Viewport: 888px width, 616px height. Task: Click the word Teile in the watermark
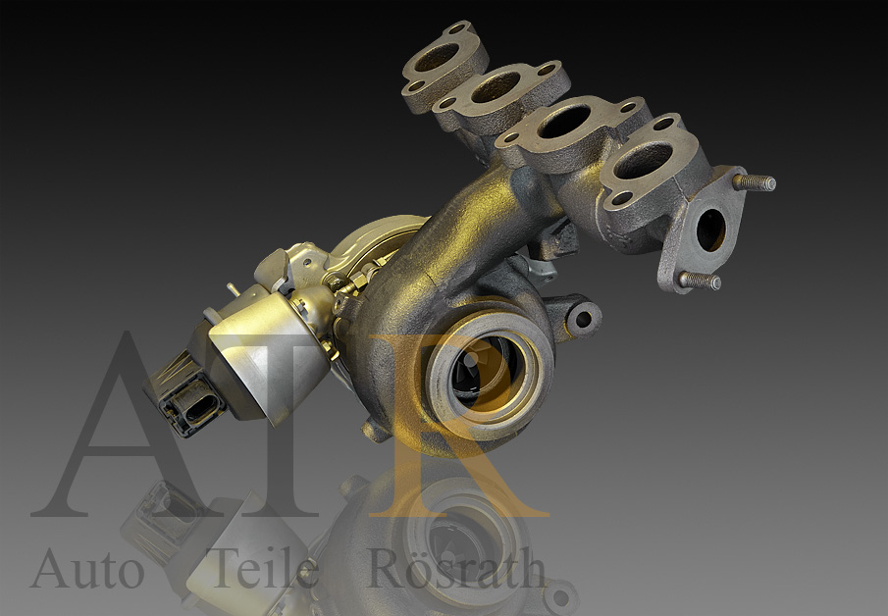266,568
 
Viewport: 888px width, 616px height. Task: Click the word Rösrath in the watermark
456,568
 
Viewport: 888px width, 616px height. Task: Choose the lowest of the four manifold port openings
643,159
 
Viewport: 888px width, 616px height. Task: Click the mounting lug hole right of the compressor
583,319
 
